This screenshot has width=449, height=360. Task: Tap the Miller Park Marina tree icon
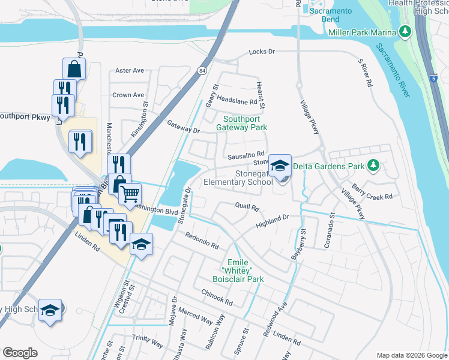[405, 31]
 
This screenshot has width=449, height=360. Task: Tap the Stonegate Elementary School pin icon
[280, 166]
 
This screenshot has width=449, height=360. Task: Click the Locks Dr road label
[262, 52]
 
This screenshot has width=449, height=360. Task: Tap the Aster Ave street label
[130, 70]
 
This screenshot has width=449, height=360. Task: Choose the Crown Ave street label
[128, 95]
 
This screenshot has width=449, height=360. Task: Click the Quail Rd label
[247, 208]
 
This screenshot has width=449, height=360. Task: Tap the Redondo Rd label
[202, 241]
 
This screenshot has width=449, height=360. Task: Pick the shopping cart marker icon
[130, 193]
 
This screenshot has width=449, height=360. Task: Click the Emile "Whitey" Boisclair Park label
[238, 269]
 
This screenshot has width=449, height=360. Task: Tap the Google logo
[20, 353]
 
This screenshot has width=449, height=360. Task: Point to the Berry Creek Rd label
[372, 193]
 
